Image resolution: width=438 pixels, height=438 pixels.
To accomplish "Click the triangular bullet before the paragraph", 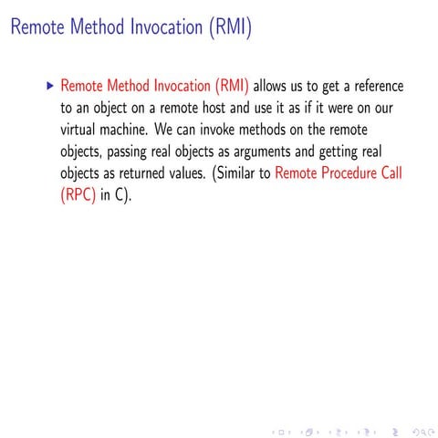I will click(49, 88).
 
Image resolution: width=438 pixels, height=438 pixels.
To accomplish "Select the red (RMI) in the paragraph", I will click(232, 88).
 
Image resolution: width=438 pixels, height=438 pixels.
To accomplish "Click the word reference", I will click(371, 88).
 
